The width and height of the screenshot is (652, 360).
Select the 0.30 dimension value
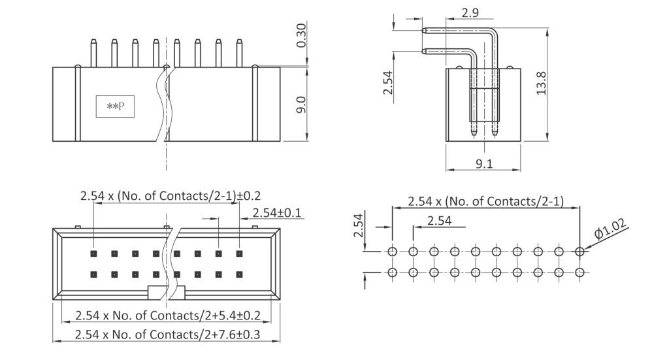click(x=301, y=37)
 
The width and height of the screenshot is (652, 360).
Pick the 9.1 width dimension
click(x=484, y=164)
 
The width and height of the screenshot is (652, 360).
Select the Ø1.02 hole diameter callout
click(x=611, y=231)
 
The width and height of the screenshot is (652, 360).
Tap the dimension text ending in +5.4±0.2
click(x=168, y=316)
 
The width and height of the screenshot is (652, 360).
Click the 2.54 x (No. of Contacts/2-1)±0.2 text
click(x=171, y=195)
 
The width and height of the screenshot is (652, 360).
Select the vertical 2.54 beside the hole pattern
click(x=357, y=225)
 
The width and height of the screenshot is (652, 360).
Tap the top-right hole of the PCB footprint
click(x=580, y=252)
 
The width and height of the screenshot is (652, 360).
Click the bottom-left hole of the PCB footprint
click(x=392, y=272)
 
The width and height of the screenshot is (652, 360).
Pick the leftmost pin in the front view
click(x=92, y=52)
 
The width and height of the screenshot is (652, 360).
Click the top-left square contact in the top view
click(x=93, y=253)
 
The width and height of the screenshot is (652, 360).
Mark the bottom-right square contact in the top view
click(x=239, y=274)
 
